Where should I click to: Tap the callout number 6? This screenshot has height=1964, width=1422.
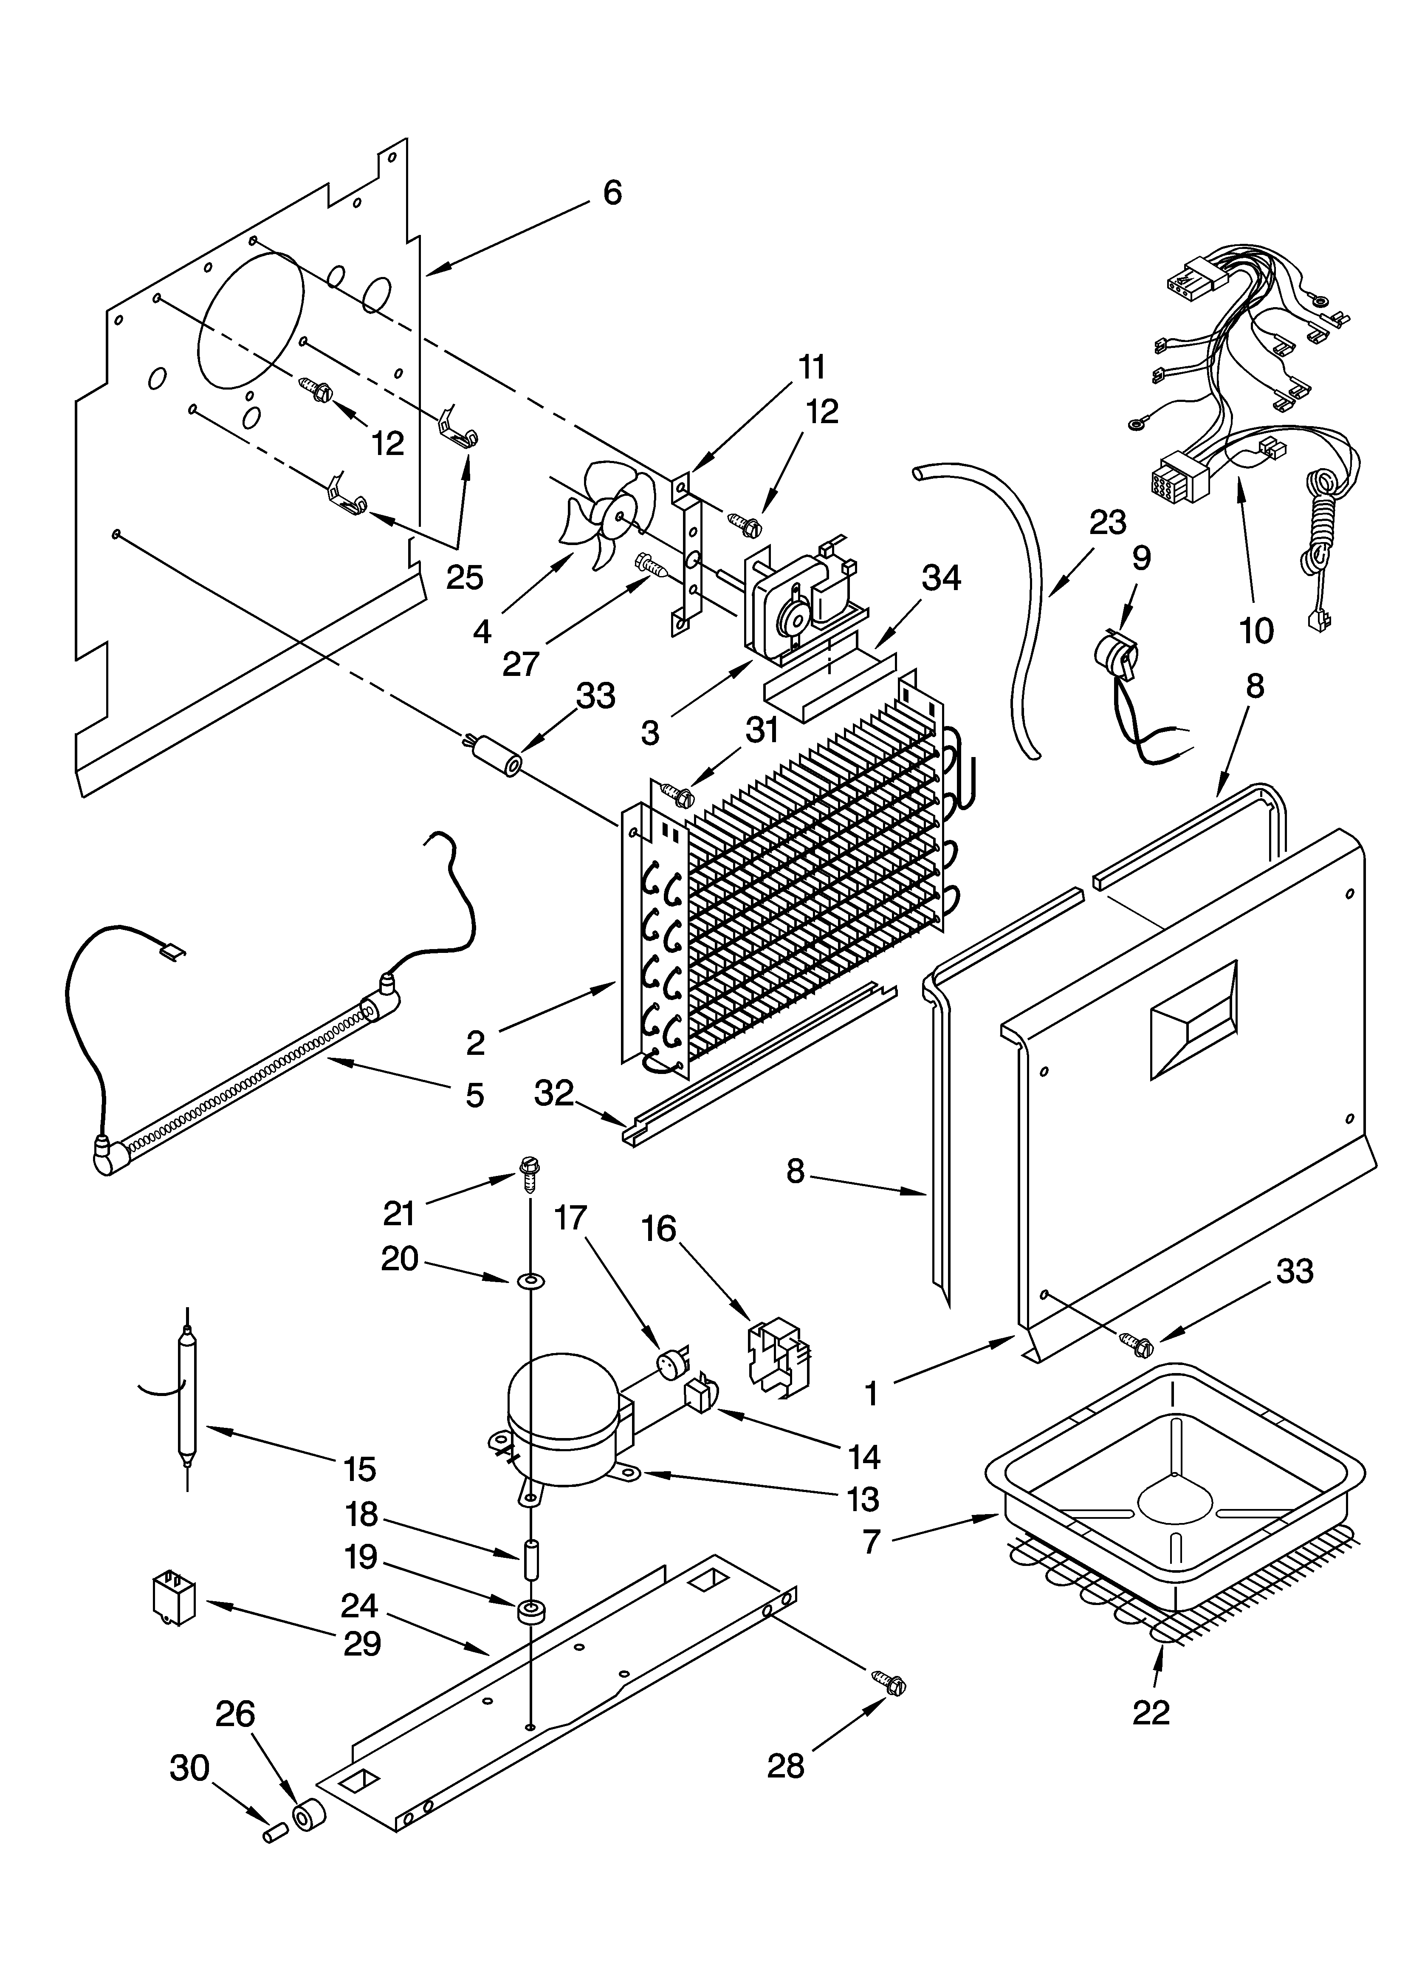(612, 192)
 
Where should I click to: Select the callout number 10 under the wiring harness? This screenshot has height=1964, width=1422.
(1256, 630)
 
